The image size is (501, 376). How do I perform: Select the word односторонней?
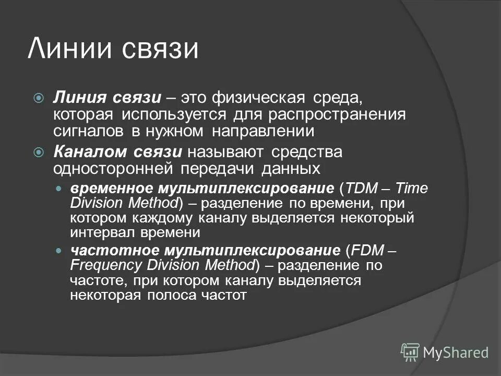tap(114, 169)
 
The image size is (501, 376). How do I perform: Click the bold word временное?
tap(106, 189)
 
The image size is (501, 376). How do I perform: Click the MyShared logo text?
tap(456, 352)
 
